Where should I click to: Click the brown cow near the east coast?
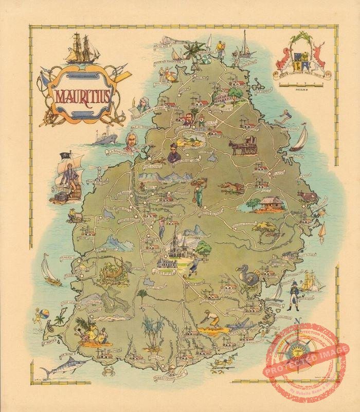307,196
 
